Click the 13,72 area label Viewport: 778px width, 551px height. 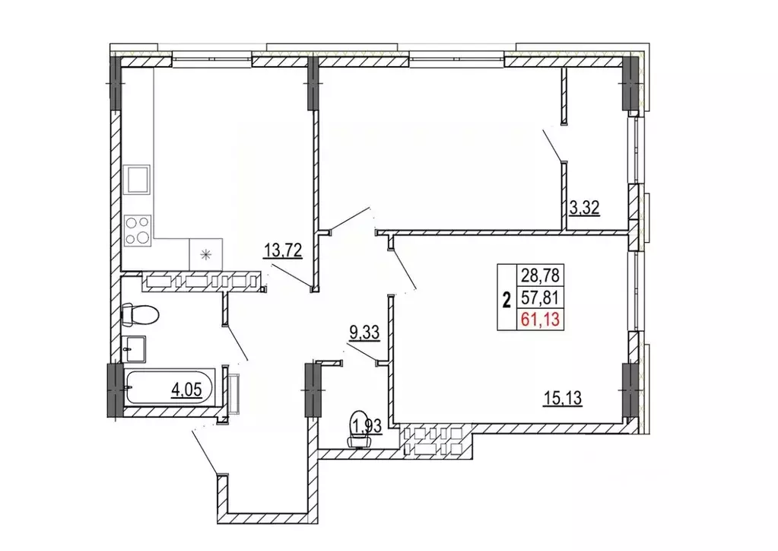coord(282,250)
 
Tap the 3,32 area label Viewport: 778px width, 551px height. coord(584,208)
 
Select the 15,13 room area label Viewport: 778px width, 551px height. coord(562,398)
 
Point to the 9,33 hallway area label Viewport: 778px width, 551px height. coord(365,333)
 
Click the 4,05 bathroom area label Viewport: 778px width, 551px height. coord(186,390)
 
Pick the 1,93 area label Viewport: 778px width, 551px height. coord(366,425)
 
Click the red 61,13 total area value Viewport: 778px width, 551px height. coord(540,319)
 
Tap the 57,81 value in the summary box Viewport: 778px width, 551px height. coord(540,298)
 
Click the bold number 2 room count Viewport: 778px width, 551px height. coord(506,301)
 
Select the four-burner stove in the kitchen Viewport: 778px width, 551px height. coord(138,231)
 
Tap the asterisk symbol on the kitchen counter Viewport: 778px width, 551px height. coord(205,255)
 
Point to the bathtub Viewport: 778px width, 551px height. coord(169,387)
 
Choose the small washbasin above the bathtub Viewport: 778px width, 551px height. coord(134,349)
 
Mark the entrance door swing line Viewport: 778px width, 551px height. coord(205,452)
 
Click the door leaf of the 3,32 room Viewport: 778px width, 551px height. coord(553,145)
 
